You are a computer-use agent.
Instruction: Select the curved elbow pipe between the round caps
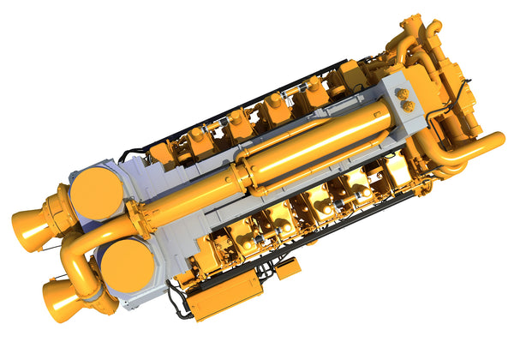81,248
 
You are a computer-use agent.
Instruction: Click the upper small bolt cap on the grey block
402,93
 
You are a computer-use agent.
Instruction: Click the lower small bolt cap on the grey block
408,105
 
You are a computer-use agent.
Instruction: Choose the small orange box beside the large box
289,267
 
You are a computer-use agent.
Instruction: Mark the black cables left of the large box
178,301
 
